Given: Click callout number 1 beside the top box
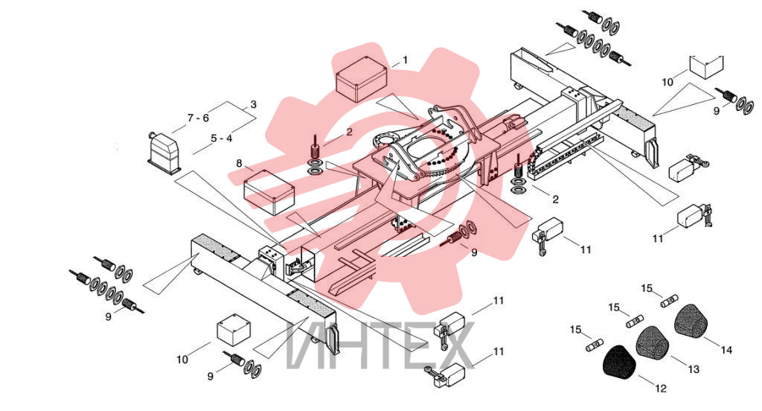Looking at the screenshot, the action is [x=406, y=60].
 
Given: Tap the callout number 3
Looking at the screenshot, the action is [x=253, y=104].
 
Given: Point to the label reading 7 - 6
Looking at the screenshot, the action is [x=198, y=118].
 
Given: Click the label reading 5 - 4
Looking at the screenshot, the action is [x=222, y=138].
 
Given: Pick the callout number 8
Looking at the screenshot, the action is [x=239, y=163].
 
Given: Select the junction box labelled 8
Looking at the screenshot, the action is [x=269, y=191].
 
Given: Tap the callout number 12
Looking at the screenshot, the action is [x=661, y=388].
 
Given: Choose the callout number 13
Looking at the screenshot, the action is [x=694, y=369].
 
